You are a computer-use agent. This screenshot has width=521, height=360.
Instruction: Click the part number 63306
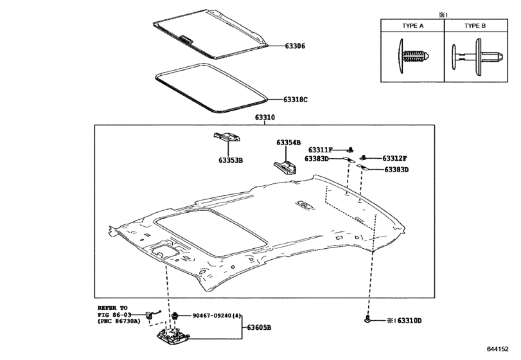[295, 46]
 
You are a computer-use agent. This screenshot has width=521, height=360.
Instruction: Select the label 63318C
[296, 100]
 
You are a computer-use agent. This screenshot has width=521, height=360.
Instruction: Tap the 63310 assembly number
[265, 118]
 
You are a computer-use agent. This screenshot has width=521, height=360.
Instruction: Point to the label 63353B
[231, 160]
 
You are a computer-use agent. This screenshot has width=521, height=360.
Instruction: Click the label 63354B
[288, 142]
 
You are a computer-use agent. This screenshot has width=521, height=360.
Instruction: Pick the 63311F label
[320, 150]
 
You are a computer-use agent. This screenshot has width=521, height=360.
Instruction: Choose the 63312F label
[394, 158]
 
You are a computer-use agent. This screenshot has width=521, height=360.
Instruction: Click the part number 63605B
[259, 327]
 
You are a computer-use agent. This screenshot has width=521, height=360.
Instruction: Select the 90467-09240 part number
[211, 316]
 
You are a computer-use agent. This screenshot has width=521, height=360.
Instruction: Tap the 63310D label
[409, 320]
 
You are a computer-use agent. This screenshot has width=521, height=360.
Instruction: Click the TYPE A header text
[412, 26]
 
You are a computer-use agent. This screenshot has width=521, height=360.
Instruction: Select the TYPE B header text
[475, 26]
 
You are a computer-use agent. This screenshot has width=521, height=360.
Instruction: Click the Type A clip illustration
[413, 56]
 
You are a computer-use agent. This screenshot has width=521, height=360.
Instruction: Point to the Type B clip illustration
[477, 56]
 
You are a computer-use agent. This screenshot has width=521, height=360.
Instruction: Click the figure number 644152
[498, 348]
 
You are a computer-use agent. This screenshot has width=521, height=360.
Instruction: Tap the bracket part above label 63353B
[227, 137]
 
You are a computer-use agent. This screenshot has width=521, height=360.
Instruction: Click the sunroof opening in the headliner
[211, 233]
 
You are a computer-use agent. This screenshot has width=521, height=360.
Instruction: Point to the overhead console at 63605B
[173, 337]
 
